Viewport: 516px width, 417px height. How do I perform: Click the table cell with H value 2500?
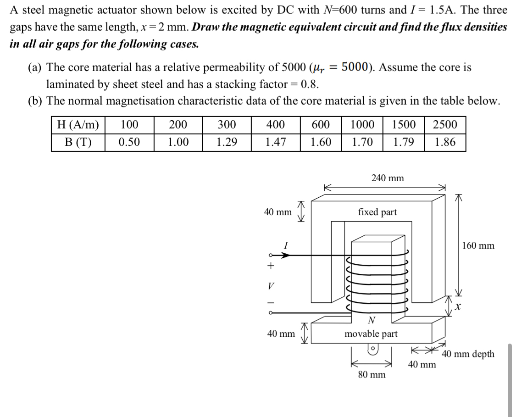click(x=445, y=125)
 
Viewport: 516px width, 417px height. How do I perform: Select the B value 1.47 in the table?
click(x=275, y=143)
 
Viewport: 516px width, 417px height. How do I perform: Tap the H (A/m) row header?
click(x=78, y=125)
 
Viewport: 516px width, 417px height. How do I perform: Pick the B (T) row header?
click(x=78, y=143)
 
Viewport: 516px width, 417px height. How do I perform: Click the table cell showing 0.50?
click(x=129, y=143)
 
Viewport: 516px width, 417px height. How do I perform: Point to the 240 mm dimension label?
click(x=388, y=178)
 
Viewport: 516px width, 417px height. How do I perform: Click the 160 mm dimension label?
click(x=478, y=245)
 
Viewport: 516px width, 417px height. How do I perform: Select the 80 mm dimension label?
click(x=372, y=375)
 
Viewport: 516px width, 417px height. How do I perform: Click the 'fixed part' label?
click(x=377, y=212)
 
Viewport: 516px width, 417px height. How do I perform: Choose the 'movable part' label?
click(x=371, y=334)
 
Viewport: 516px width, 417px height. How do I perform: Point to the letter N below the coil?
click(x=372, y=320)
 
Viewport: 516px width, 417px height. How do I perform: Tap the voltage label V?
click(x=271, y=285)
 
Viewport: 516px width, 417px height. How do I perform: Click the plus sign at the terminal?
click(x=271, y=266)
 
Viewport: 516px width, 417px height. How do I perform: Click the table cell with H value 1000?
click(x=362, y=125)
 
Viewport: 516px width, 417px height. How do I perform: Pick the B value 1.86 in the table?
click(x=445, y=143)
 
